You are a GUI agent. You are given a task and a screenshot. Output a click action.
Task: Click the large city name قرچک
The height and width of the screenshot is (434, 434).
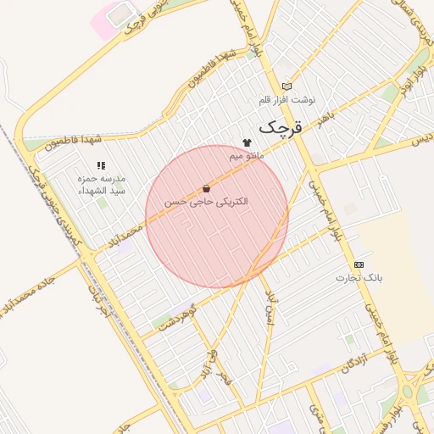pyautogui.click(x=280, y=128)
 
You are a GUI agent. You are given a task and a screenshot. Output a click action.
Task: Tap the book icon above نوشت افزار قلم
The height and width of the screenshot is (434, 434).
pyautogui.click(x=287, y=86)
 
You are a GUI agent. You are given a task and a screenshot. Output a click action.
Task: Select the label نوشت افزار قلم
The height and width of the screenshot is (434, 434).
pyautogui.click(x=287, y=101)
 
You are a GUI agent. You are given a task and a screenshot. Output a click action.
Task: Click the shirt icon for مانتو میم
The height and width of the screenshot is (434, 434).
pyautogui.click(x=247, y=143)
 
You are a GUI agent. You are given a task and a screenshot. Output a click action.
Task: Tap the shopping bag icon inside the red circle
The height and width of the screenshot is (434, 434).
pyautogui.click(x=206, y=188)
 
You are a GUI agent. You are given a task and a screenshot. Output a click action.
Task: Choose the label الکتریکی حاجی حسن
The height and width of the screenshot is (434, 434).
pyautogui.click(x=207, y=203)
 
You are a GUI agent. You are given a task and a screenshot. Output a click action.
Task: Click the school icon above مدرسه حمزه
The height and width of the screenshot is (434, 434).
pyautogui.click(x=101, y=165)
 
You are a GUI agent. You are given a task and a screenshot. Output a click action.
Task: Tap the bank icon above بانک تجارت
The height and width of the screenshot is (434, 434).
pyautogui.click(x=358, y=264)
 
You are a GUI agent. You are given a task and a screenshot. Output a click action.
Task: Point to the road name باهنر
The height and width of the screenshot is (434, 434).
pyautogui.click(x=325, y=119)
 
